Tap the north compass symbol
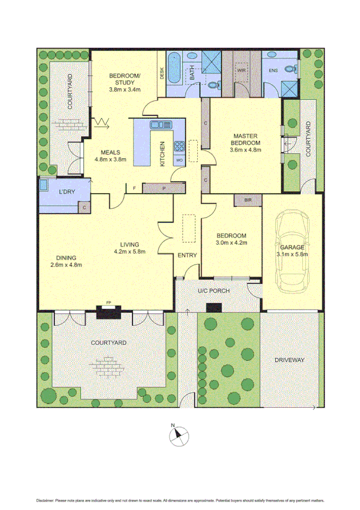179,434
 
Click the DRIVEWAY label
290,360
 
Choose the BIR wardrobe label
248,200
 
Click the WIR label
242,70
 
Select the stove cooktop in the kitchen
179,145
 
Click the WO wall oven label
180,161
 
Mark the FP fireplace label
109,302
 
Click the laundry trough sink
44,185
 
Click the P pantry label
164,189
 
